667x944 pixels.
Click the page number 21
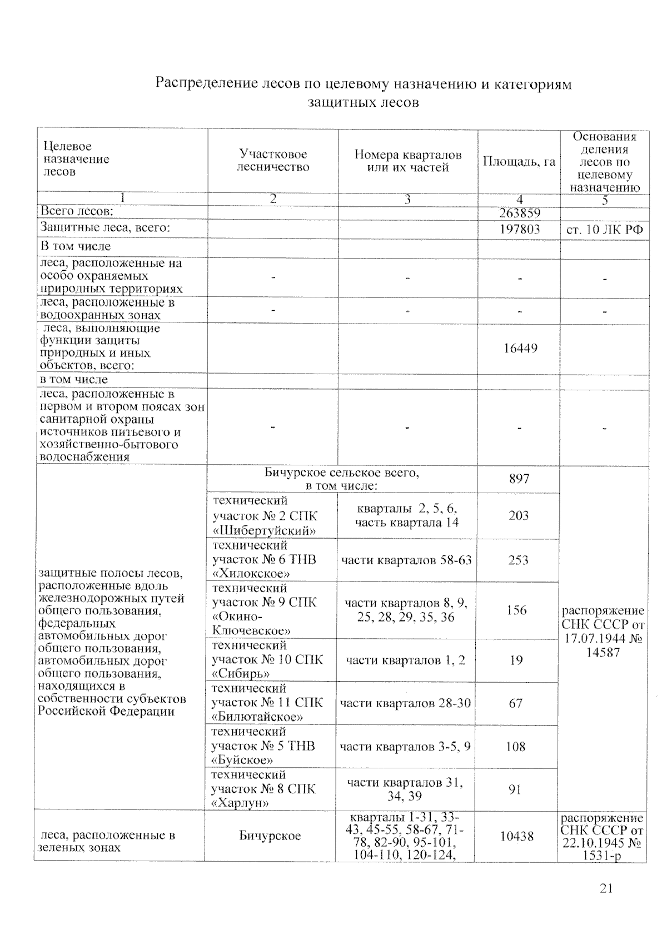pyautogui.click(x=606, y=888)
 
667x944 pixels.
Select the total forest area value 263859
pyautogui.click(x=519, y=213)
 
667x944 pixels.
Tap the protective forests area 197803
pyautogui.click(x=519, y=228)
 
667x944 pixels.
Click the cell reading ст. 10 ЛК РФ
pyautogui.click(x=604, y=229)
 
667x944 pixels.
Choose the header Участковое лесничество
pyautogui.click(x=273, y=161)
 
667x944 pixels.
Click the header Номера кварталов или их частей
pyautogui.click(x=408, y=161)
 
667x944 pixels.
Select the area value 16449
pyautogui.click(x=520, y=349)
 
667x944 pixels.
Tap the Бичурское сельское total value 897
pyautogui.click(x=519, y=479)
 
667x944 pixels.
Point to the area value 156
pyautogui.click(x=516, y=610)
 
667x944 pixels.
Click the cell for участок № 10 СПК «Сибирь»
pyautogui.click(x=267, y=660)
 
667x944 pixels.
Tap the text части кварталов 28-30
pyautogui.click(x=405, y=703)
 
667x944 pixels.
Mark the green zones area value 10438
pyautogui.click(x=517, y=836)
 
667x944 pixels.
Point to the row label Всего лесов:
pyautogui.click(x=76, y=211)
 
